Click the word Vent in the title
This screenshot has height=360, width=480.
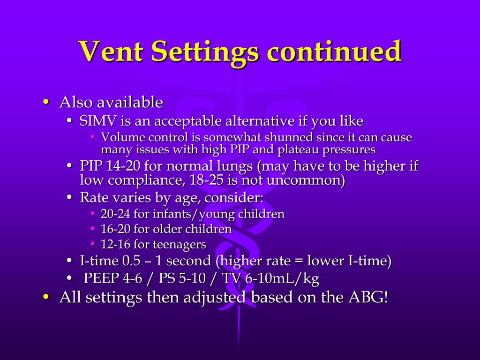[111, 51]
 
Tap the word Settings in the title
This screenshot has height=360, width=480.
[205, 51]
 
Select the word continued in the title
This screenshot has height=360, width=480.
[334, 51]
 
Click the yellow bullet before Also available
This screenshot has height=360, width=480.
[45, 102]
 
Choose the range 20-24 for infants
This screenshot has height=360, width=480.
[115, 214]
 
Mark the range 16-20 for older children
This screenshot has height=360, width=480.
[115, 229]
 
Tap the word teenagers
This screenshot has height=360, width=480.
[180, 244]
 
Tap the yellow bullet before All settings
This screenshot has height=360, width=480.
[45, 297]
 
